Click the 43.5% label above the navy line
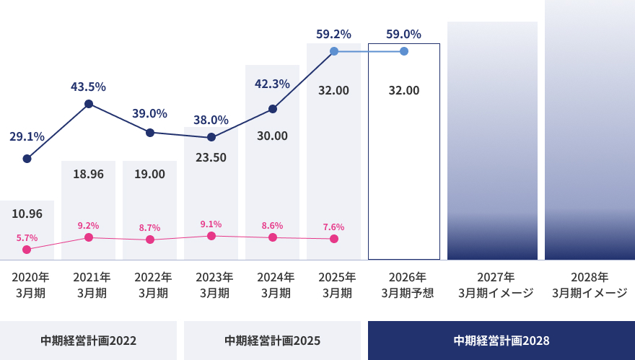(x=88, y=87)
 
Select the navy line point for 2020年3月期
(x=27, y=159)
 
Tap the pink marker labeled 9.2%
(x=88, y=237)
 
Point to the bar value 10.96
(x=27, y=214)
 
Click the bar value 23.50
(x=211, y=157)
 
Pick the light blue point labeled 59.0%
(x=404, y=51)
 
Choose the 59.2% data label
(x=333, y=34)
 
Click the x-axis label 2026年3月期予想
(x=404, y=285)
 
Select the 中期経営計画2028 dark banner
(x=502, y=341)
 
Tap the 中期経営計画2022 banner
(x=88, y=341)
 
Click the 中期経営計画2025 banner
(x=272, y=341)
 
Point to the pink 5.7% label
(x=27, y=237)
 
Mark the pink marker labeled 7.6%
(x=333, y=239)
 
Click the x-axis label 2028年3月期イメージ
(x=590, y=285)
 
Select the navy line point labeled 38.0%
(x=211, y=137)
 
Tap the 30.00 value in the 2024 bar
(x=272, y=136)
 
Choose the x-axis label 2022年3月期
(x=149, y=285)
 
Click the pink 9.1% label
(x=211, y=224)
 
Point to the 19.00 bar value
(x=149, y=174)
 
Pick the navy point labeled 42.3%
(x=272, y=109)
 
